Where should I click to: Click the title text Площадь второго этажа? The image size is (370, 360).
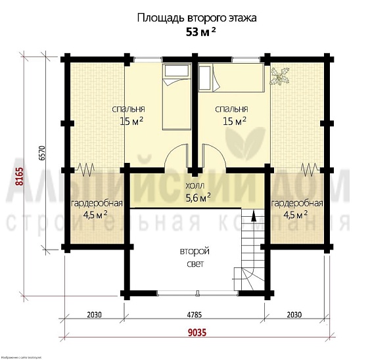point(197,18)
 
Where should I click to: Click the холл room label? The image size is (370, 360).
point(197,186)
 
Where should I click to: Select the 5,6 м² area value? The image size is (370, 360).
point(197,196)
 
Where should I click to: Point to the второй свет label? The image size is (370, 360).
point(195,258)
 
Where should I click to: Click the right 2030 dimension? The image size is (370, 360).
point(296,314)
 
